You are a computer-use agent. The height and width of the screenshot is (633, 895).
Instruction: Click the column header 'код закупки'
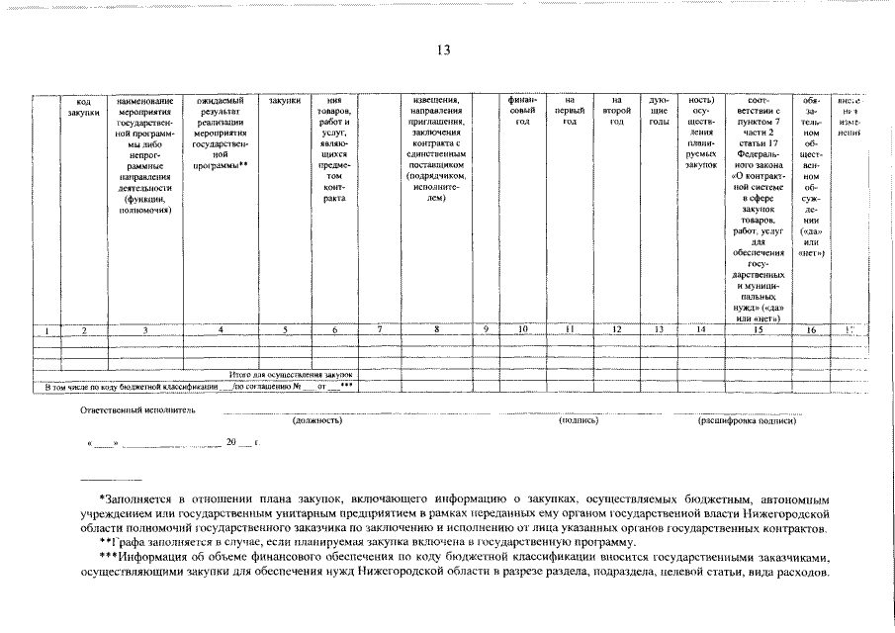(x=84, y=107)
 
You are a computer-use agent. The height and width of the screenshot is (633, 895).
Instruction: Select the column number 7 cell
(x=380, y=328)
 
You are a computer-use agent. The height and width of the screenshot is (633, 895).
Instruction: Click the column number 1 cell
(x=34, y=329)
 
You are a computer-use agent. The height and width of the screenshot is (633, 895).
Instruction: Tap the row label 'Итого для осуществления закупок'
(x=291, y=376)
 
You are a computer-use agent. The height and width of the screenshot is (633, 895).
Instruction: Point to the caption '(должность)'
(x=317, y=420)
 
